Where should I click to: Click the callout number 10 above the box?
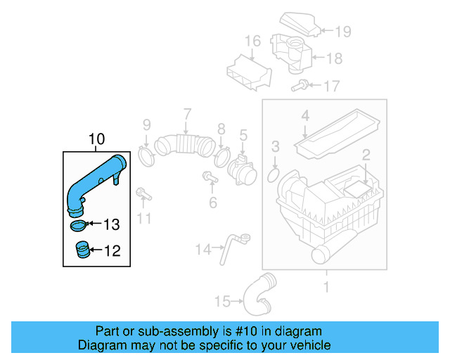click(96, 139)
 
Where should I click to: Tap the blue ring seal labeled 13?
click(79, 226)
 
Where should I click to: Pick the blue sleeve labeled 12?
click(83, 250)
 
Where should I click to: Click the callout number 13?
click(112, 225)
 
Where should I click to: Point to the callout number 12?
click(112, 250)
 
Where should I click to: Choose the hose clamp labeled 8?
click(224, 154)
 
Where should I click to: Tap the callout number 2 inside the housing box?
click(366, 155)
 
